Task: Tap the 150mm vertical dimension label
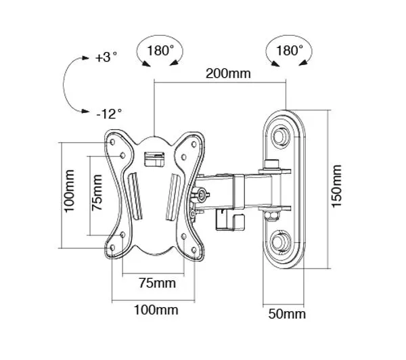336,185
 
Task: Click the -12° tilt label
108,113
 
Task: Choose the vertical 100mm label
68,195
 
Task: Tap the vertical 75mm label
97,194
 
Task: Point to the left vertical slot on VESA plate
133,197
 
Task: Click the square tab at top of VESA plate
154,158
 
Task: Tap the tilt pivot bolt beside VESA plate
202,195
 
